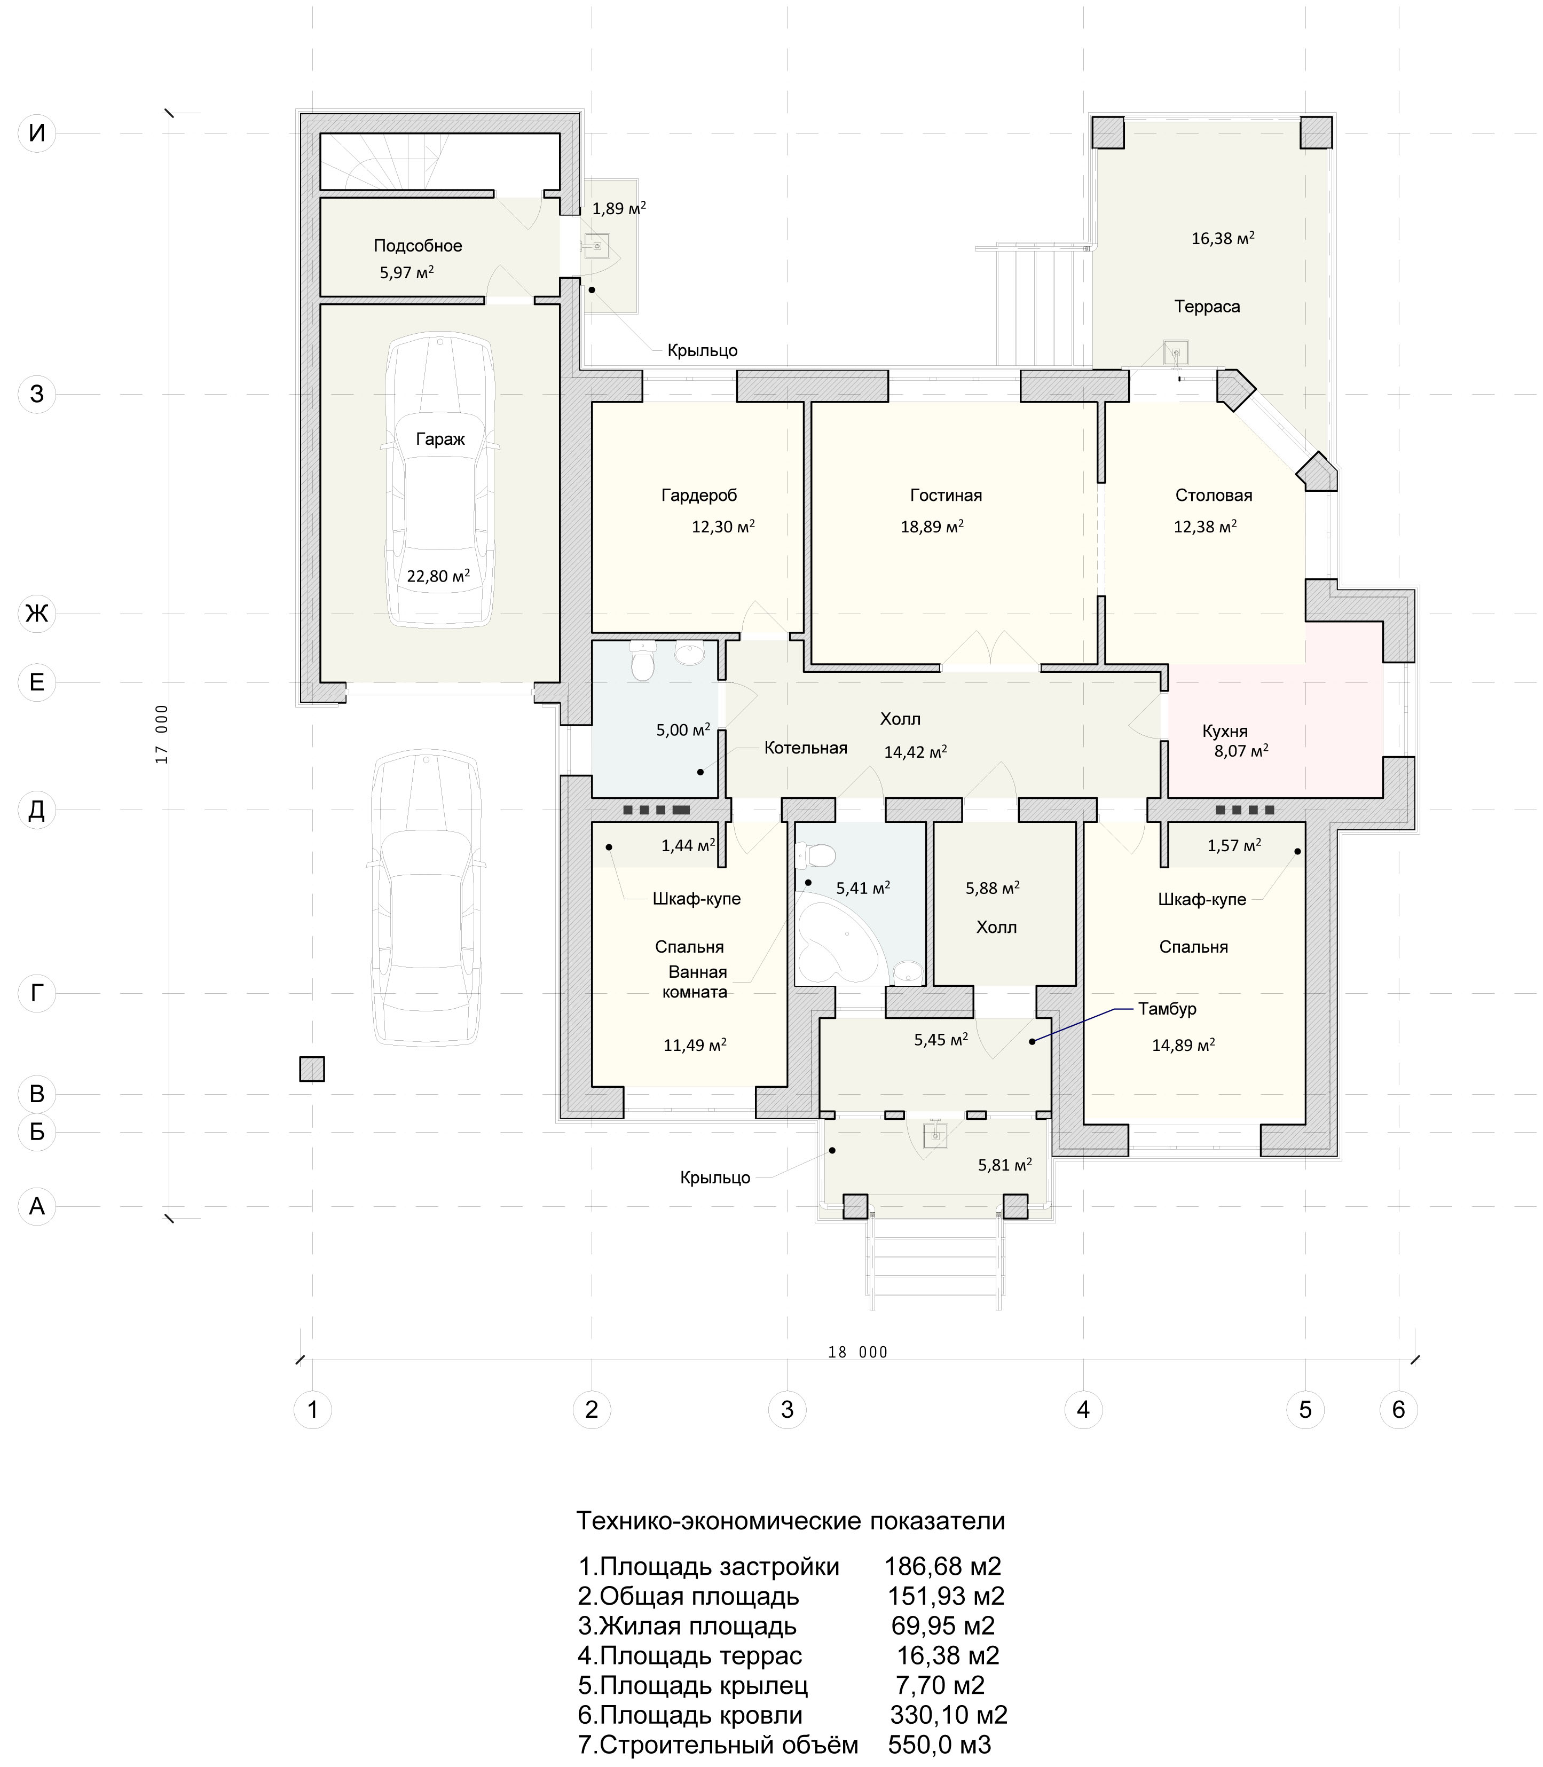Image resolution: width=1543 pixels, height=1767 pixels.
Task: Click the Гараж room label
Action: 440,439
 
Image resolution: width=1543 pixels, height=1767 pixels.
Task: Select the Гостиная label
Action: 946,495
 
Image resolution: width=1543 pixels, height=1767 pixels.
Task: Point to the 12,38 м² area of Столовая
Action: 1205,525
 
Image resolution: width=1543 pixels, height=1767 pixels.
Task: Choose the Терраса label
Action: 1207,307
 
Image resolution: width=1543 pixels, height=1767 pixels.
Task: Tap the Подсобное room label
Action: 418,246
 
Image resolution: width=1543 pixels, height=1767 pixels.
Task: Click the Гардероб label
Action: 699,495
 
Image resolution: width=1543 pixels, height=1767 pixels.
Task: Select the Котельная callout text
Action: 806,748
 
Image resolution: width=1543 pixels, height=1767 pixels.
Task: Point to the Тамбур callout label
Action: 1167,1008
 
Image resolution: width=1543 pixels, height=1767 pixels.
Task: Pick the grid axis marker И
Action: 37,133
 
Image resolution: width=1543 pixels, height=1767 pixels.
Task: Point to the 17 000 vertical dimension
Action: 162,735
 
